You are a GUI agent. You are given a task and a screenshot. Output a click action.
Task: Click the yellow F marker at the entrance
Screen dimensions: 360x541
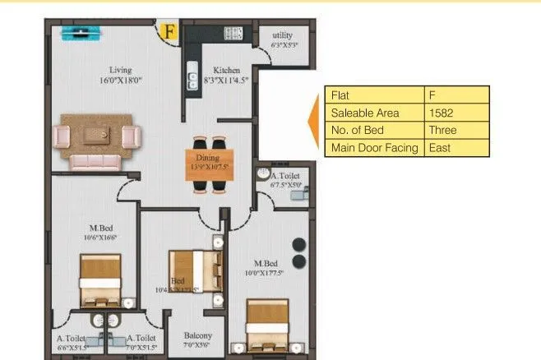click(x=169, y=32)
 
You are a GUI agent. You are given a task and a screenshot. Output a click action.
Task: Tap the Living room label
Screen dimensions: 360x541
click(x=121, y=71)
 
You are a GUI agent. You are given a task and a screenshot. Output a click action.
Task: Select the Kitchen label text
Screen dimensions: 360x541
click(x=226, y=71)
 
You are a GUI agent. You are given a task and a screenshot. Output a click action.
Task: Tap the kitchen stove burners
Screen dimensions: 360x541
click(x=233, y=34)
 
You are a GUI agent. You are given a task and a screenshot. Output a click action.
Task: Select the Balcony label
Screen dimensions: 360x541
click(x=197, y=335)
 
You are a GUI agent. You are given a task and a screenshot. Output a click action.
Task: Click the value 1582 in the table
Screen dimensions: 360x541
click(x=441, y=112)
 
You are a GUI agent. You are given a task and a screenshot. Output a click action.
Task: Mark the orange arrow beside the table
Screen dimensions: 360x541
click(x=313, y=121)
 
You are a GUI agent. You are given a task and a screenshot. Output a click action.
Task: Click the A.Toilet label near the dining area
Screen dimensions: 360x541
click(x=285, y=176)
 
